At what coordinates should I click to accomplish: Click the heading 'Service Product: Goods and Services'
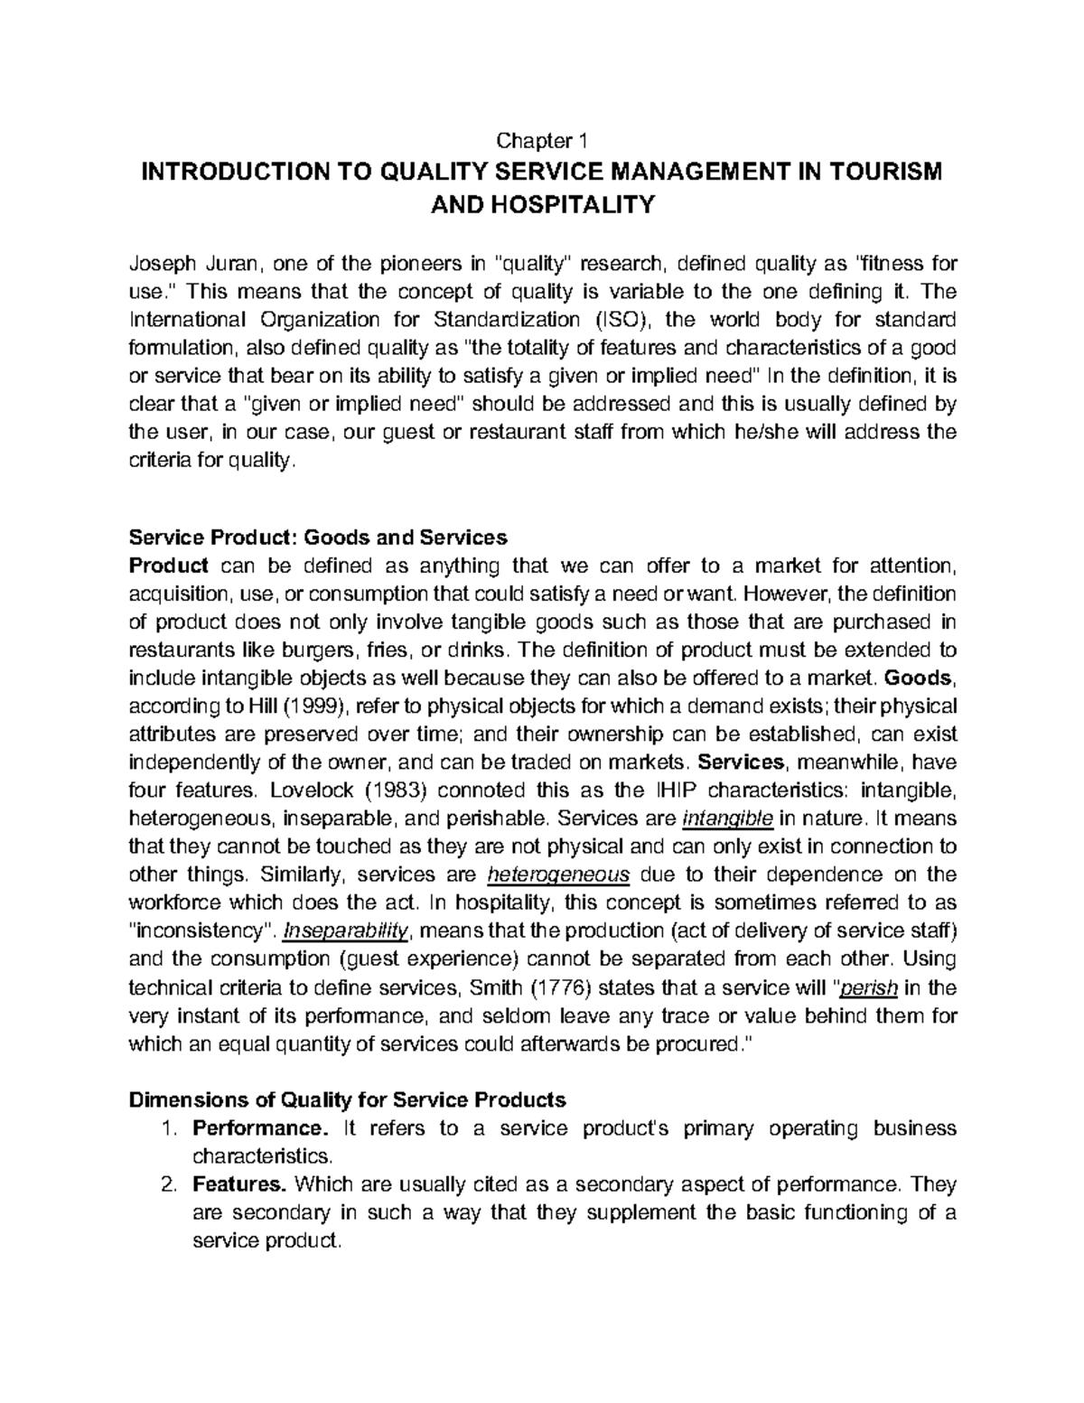coord(319,538)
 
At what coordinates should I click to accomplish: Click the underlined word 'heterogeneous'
coord(557,875)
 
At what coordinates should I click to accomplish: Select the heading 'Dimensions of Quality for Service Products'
coord(348,1099)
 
